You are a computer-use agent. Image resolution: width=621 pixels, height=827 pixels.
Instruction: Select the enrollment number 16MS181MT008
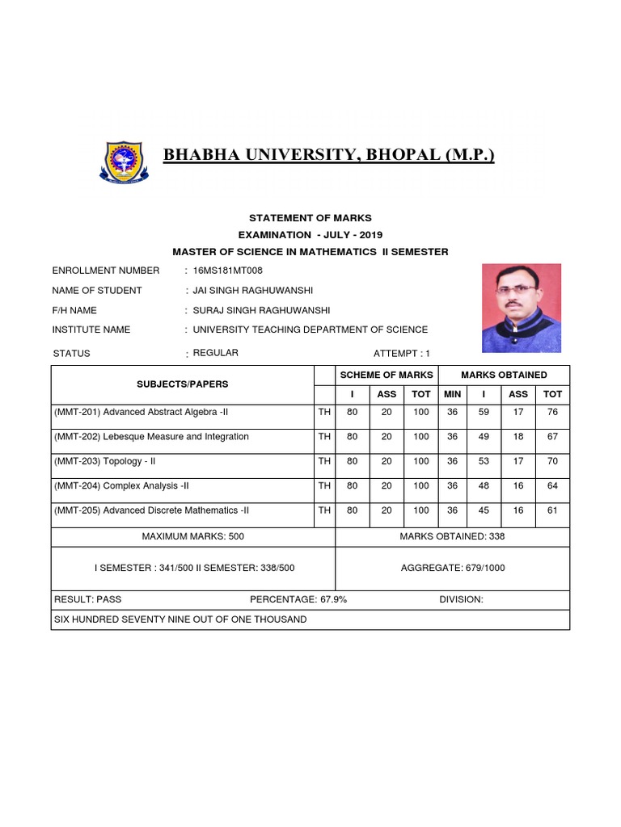point(227,271)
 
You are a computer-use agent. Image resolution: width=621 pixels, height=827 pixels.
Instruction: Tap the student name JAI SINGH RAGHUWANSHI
point(252,291)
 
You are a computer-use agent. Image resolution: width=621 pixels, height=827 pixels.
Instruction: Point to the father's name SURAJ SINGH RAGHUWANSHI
point(261,310)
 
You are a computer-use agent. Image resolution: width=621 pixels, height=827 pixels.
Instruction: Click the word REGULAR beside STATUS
point(216,353)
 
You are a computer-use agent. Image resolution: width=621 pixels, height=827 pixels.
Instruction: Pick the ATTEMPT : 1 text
point(402,354)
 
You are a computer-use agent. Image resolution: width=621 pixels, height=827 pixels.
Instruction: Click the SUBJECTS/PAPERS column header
point(182,384)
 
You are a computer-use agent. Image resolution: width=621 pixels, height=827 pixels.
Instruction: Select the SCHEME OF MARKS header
point(386,375)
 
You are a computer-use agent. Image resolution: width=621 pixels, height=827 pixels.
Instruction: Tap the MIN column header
point(452,394)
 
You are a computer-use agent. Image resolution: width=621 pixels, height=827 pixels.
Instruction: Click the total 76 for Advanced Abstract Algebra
point(553,412)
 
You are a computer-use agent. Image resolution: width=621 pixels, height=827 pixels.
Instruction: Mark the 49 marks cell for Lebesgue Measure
point(484,437)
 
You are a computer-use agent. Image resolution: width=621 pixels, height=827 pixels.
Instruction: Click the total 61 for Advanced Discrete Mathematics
point(553,510)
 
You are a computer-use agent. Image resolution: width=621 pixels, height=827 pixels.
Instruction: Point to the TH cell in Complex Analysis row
point(324,486)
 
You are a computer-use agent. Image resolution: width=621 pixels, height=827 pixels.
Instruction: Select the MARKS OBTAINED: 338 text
point(452,536)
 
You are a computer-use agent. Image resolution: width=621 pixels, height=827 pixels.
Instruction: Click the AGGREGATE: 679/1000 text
point(452,568)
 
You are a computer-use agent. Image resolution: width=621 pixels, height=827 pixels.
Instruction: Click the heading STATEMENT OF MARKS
point(310,218)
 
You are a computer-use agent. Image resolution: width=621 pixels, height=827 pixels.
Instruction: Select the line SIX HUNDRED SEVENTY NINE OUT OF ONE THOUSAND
point(180,619)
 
